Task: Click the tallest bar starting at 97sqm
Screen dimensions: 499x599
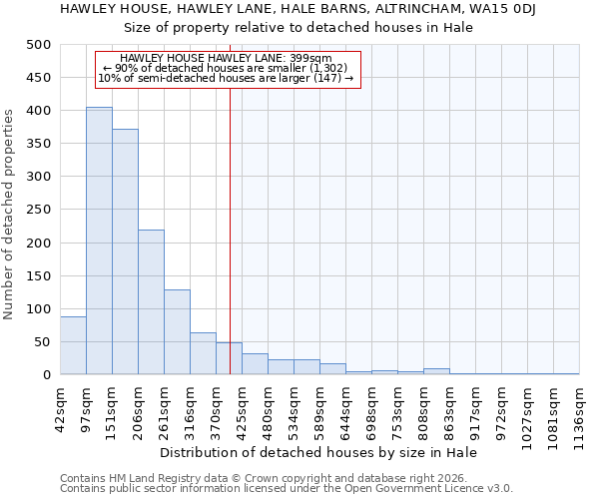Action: [x=99, y=241]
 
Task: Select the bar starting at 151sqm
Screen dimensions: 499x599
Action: [x=125, y=251]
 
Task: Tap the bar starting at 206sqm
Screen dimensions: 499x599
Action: [x=151, y=302]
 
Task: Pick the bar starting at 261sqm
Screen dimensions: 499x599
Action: [x=177, y=332]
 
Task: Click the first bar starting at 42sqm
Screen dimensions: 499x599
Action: [x=73, y=345]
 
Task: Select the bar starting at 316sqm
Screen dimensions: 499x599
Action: [x=203, y=353]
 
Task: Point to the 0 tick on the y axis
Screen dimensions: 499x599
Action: [x=47, y=375]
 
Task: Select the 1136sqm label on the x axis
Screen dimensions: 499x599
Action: [x=580, y=411]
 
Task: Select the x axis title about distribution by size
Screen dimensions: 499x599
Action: [x=317, y=452]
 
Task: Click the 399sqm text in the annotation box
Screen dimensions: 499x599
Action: [x=326, y=59]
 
